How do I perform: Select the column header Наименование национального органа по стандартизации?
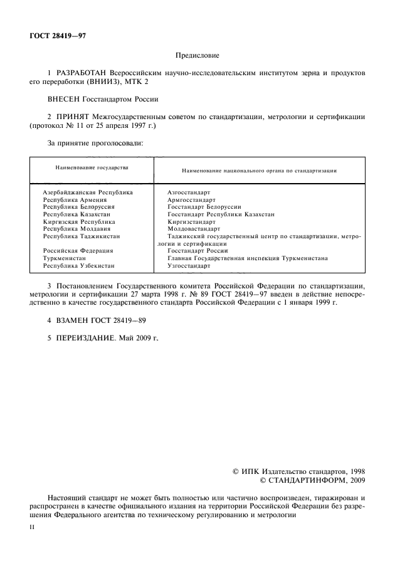260,170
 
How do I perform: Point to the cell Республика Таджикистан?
82,236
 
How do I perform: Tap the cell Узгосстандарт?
189,266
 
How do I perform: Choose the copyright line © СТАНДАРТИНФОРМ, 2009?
312,480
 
